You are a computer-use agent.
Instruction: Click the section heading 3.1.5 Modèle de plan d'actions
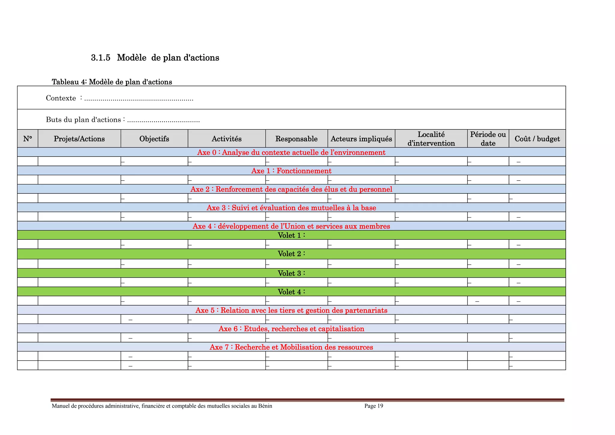point(155,58)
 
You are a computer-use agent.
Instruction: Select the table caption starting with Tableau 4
point(112,82)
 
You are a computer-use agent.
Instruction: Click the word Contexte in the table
point(61,98)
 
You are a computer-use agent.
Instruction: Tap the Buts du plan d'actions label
point(83,120)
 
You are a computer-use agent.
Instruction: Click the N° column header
point(28,139)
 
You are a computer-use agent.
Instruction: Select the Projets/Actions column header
point(79,139)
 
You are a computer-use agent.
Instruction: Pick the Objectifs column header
point(154,139)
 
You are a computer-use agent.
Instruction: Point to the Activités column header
point(226,139)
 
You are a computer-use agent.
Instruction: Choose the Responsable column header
point(296,139)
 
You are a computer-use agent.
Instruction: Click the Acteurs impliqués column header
point(361,139)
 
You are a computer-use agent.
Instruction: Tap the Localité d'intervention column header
point(431,139)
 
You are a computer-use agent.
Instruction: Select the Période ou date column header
point(488,139)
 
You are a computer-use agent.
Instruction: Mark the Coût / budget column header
point(537,139)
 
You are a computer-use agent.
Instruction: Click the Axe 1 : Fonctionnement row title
point(291,171)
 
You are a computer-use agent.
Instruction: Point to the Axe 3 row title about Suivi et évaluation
point(291,208)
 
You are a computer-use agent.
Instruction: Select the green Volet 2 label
point(291,254)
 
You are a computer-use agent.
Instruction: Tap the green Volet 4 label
point(291,292)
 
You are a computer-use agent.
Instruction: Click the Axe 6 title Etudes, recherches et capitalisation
point(291,329)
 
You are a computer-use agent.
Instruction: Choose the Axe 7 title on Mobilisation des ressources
point(291,347)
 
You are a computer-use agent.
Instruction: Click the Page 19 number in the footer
point(374,406)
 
